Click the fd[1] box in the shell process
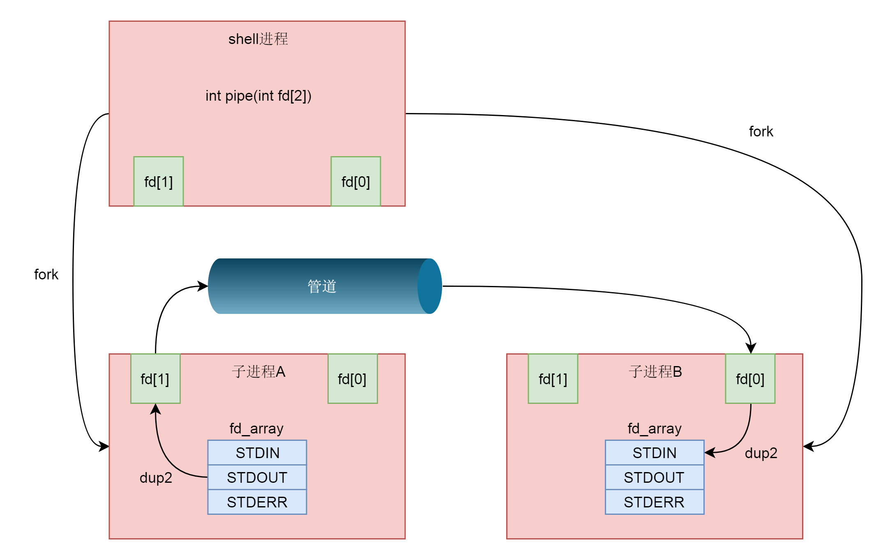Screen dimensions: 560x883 tap(158, 181)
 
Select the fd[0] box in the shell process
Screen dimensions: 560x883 tap(355, 181)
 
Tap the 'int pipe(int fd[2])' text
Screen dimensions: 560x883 tap(258, 96)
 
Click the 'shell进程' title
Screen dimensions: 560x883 tap(258, 39)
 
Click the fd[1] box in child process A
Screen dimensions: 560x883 tap(155, 378)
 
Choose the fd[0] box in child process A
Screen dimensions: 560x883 tap(352, 378)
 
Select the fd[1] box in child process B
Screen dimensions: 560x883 tap(553, 378)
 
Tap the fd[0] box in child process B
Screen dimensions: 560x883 tap(750, 378)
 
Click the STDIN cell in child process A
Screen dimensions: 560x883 tap(257, 452)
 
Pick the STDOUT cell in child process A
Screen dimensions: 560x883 tap(257, 477)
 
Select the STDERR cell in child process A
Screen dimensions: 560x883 tap(257, 502)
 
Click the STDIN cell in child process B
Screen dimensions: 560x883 tap(655, 452)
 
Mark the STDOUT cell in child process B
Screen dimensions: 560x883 tap(655, 477)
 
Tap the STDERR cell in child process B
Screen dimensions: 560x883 tap(655, 502)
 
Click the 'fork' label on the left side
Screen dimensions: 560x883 tap(46, 274)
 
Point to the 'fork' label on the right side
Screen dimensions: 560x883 tap(761, 131)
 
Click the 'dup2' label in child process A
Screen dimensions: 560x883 tap(156, 477)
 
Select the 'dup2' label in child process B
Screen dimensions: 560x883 tap(761, 453)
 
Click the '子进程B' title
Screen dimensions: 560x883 tap(655, 371)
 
